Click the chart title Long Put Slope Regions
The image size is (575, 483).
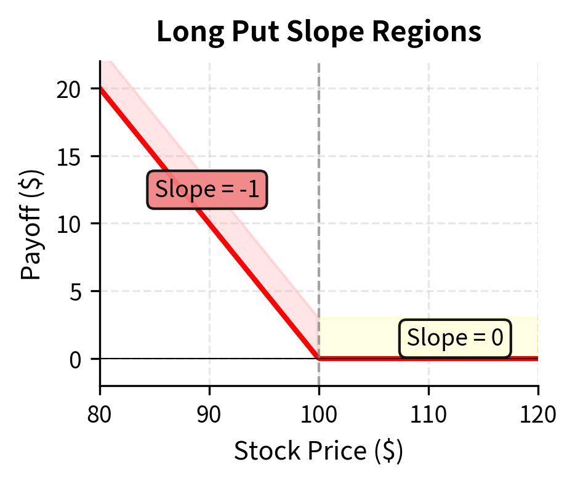318,32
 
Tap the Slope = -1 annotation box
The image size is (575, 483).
207,189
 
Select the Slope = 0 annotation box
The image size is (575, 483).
455,338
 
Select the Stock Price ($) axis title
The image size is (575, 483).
318,452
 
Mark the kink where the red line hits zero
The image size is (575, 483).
319,358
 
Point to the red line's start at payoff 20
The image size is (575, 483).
101,89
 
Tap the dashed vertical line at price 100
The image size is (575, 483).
319,185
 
